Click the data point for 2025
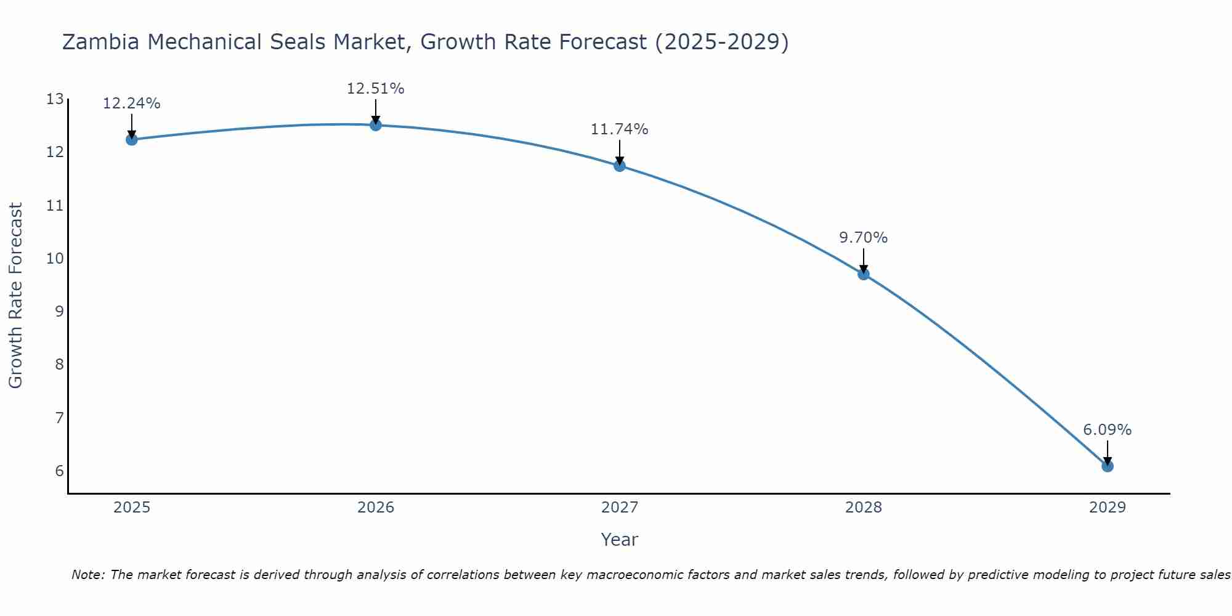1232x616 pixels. [x=131, y=139]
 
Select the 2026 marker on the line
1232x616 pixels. [x=376, y=125]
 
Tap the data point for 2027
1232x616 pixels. [x=620, y=166]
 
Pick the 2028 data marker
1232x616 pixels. [x=864, y=274]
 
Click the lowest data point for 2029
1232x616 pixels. [x=1108, y=466]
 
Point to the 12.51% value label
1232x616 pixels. [x=375, y=89]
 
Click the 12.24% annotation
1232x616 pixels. [x=131, y=103]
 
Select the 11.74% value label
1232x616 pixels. [x=619, y=129]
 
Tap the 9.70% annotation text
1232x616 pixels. [x=863, y=238]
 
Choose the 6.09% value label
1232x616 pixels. [x=1107, y=430]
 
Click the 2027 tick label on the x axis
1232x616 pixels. [x=620, y=508]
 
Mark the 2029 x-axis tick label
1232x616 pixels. [x=1108, y=508]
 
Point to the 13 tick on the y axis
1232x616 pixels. [x=55, y=99]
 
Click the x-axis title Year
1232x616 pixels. [x=619, y=540]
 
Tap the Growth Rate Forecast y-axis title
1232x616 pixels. [x=16, y=295]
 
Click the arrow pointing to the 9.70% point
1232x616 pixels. [x=864, y=260]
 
